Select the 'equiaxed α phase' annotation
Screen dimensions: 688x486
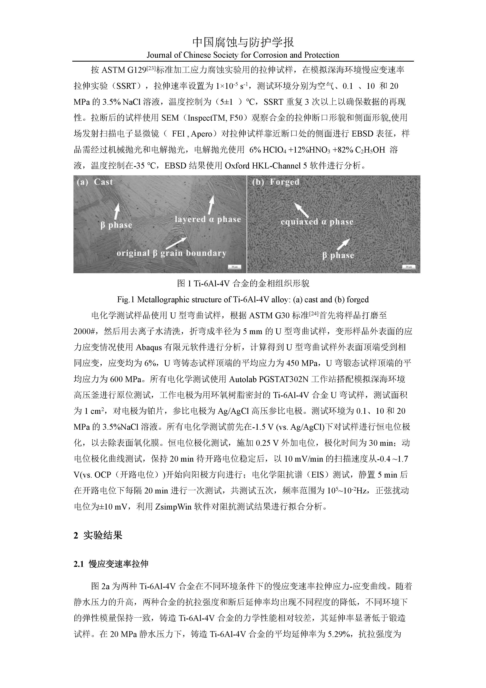click(317, 222)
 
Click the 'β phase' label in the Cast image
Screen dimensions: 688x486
click(116, 225)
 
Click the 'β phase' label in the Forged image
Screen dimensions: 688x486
click(338, 256)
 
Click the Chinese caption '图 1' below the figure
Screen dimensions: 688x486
click(243, 283)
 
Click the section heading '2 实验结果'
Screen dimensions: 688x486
click(98, 535)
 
